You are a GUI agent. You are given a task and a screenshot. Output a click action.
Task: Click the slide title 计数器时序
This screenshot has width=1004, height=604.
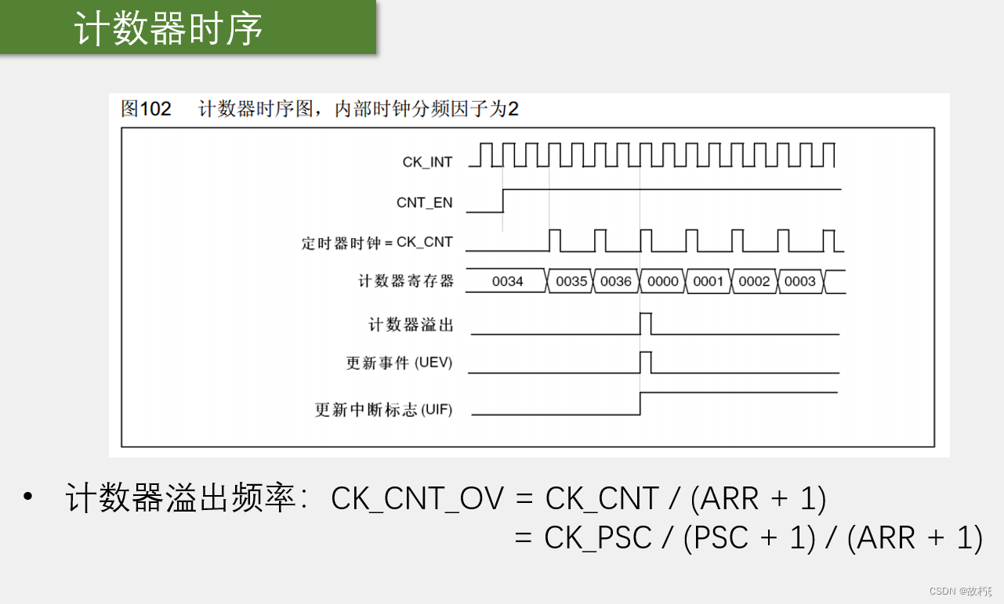[x=169, y=30]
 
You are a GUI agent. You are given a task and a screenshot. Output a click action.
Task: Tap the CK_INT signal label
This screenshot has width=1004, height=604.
[x=427, y=162]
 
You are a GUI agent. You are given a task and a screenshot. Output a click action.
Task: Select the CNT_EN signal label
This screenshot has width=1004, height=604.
[x=424, y=203]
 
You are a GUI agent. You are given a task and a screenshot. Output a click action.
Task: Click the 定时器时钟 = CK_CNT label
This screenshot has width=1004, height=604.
[x=377, y=243]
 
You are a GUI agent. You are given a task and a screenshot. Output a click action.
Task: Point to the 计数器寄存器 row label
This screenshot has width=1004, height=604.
[x=406, y=281]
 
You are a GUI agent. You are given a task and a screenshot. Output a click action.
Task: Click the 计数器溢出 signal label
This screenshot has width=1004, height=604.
[x=411, y=324]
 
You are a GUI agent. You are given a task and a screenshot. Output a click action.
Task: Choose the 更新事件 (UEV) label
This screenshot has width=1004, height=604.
[x=399, y=363]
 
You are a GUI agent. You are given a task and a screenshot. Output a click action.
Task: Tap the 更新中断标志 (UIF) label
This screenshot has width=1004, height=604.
[x=383, y=409]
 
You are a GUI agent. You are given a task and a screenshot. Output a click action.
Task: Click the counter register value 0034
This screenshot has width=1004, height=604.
[x=507, y=281]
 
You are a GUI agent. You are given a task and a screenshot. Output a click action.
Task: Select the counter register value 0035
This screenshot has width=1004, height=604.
[x=571, y=281]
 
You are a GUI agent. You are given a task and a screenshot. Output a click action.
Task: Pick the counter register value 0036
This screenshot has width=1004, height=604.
[x=616, y=281]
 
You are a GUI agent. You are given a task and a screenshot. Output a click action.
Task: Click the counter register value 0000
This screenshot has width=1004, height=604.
[x=663, y=281]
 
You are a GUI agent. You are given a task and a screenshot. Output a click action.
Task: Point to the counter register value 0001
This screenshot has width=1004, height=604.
[x=709, y=281]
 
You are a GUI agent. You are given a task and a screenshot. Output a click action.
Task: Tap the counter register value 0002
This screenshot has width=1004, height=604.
[x=754, y=281]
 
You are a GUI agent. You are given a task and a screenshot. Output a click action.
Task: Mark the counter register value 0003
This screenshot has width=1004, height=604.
[x=800, y=281]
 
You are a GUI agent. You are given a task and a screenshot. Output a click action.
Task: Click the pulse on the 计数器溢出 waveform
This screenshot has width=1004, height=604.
[x=646, y=322]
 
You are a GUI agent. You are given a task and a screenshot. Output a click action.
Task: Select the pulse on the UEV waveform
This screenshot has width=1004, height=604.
[x=646, y=362]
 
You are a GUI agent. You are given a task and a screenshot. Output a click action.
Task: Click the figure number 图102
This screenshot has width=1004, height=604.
[x=146, y=109]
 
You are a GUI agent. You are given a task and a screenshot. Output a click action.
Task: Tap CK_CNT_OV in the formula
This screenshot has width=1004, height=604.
[x=417, y=499]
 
